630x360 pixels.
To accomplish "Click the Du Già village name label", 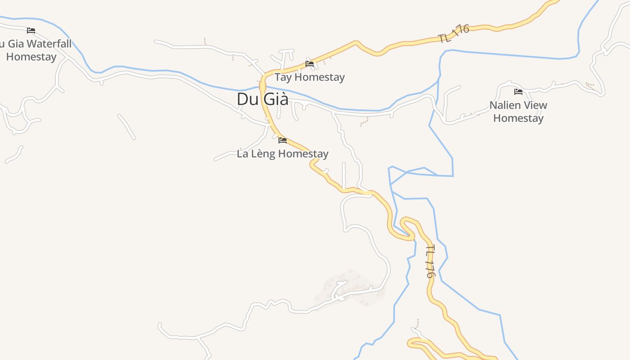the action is (x=262, y=99).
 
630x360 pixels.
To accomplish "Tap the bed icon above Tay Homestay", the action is (x=310, y=64).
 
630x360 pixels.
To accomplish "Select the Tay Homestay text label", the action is (x=310, y=77).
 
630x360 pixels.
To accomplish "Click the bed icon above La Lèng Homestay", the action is (x=283, y=140).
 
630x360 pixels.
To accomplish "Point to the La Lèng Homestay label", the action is (x=283, y=154).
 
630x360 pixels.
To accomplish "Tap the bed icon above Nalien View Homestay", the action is (x=518, y=92).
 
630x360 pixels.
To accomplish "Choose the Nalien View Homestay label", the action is (x=518, y=112).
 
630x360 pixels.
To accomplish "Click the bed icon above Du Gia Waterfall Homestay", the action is (x=31, y=31).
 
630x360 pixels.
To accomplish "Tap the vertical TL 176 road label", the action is (x=430, y=261).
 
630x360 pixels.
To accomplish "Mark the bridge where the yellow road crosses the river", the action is (x=263, y=86).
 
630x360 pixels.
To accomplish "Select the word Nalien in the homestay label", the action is (x=505, y=105).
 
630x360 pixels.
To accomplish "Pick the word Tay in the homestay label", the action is (x=283, y=77).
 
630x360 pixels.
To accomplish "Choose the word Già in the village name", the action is (x=275, y=99).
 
